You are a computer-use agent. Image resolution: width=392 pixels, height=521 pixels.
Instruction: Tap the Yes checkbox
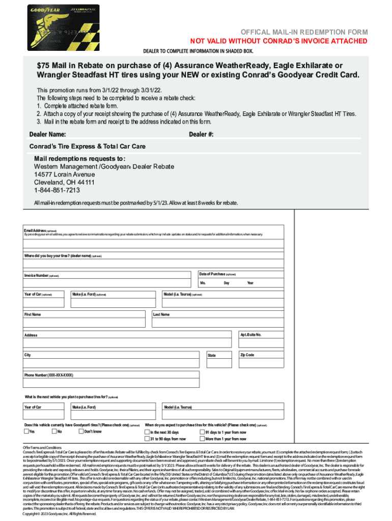tap(26, 431)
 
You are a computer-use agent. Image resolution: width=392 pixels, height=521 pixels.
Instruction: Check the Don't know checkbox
tap(81, 431)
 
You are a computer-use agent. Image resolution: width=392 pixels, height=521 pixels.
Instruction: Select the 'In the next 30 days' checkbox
tap(147, 431)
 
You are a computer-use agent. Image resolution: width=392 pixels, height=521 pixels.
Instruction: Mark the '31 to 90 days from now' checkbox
tap(147, 439)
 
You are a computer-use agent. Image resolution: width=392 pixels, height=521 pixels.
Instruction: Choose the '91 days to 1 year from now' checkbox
tap(202, 431)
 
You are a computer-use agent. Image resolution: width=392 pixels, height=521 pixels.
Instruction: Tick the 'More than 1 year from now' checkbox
tap(202, 439)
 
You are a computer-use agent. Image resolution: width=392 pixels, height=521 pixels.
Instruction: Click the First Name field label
tap(33, 314)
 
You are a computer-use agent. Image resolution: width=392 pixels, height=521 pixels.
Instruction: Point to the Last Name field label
tap(161, 314)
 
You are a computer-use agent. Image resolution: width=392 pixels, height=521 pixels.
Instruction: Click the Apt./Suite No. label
tap(251, 335)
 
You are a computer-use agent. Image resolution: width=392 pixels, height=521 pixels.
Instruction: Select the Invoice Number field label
tap(38, 276)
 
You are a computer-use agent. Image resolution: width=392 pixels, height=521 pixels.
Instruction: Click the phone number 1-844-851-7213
tap(57, 190)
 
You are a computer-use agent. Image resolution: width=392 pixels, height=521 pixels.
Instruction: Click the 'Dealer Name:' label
tap(47, 134)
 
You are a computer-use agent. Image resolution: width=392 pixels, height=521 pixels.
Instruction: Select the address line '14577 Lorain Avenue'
tap(64, 174)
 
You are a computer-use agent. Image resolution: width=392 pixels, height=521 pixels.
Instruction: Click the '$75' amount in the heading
tap(44, 66)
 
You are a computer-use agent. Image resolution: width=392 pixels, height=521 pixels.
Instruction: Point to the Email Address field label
tap(35, 230)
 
